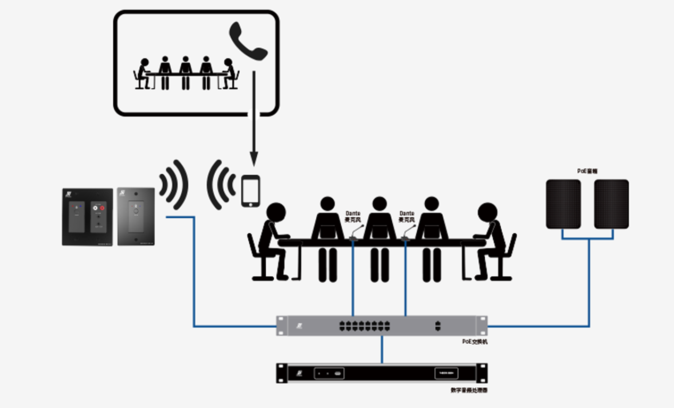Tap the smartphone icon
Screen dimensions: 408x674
[x=250, y=191]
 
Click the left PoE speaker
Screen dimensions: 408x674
[x=563, y=204]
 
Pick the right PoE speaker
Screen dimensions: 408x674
[x=611, y=204]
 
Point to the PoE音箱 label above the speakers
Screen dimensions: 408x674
[x=588, y=171]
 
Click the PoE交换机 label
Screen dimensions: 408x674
[x=474, y=342]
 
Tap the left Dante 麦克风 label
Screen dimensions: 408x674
[x=352, y=216]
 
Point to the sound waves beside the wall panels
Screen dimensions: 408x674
[x=174, y=185]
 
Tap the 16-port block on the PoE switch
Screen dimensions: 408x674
[x=365, y=326]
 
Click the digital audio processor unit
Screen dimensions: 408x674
[x=382, y=373]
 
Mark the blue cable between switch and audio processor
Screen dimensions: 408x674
[x=382, y=350]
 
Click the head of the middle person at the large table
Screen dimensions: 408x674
[x=379, y=203]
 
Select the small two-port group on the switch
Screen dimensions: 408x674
[x=437, y=326]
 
